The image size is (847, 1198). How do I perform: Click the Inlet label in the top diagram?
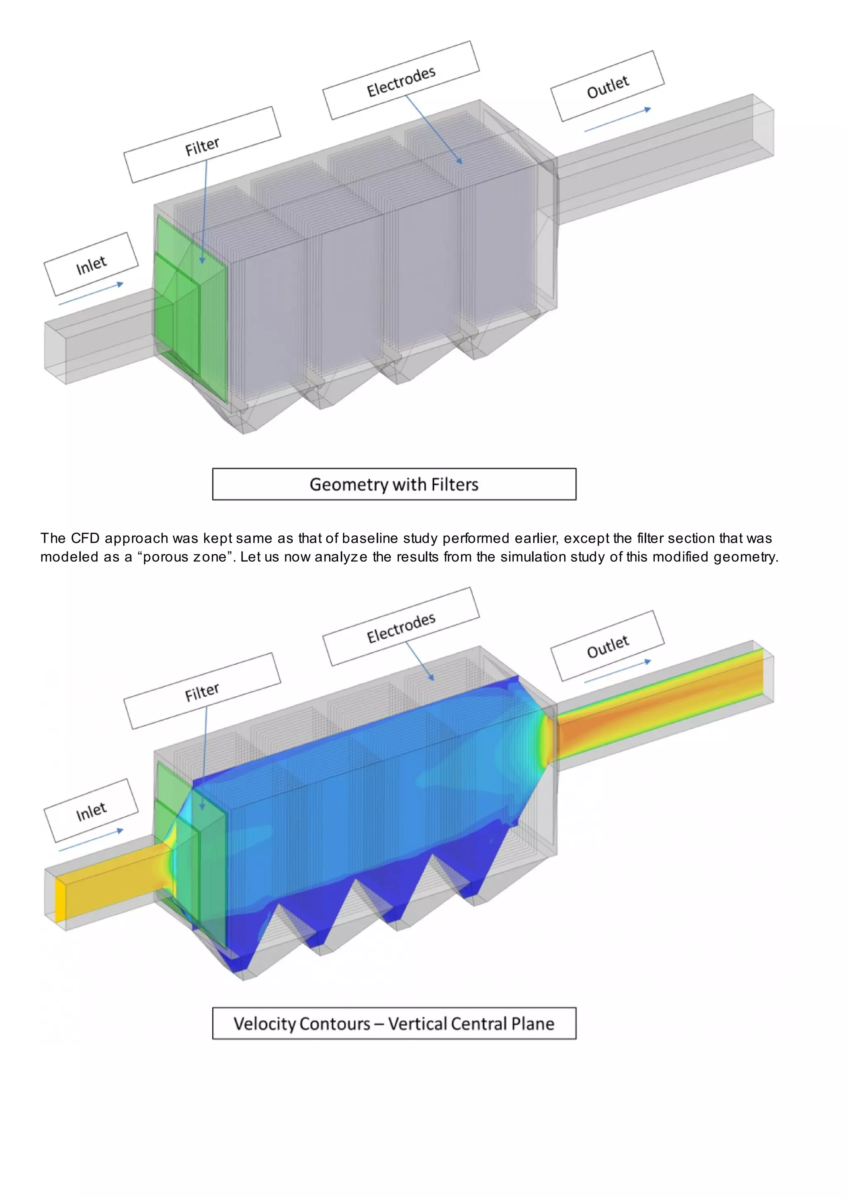point(91,265)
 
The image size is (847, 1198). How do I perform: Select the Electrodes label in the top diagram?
point(401,81)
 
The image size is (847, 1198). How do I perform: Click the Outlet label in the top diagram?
point(608,87)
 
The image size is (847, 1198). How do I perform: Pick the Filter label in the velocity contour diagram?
point(202,692)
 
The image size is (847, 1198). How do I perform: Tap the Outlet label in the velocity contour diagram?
point(608,647)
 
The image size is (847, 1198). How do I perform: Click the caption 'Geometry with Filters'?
point(394,484)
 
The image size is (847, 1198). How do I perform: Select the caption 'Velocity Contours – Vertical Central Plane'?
point(394,1023)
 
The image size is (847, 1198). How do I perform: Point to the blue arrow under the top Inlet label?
point(91,294)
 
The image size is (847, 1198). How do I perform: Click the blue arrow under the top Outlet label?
point(617,120)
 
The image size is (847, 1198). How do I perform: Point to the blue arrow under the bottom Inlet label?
point(91,840)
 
